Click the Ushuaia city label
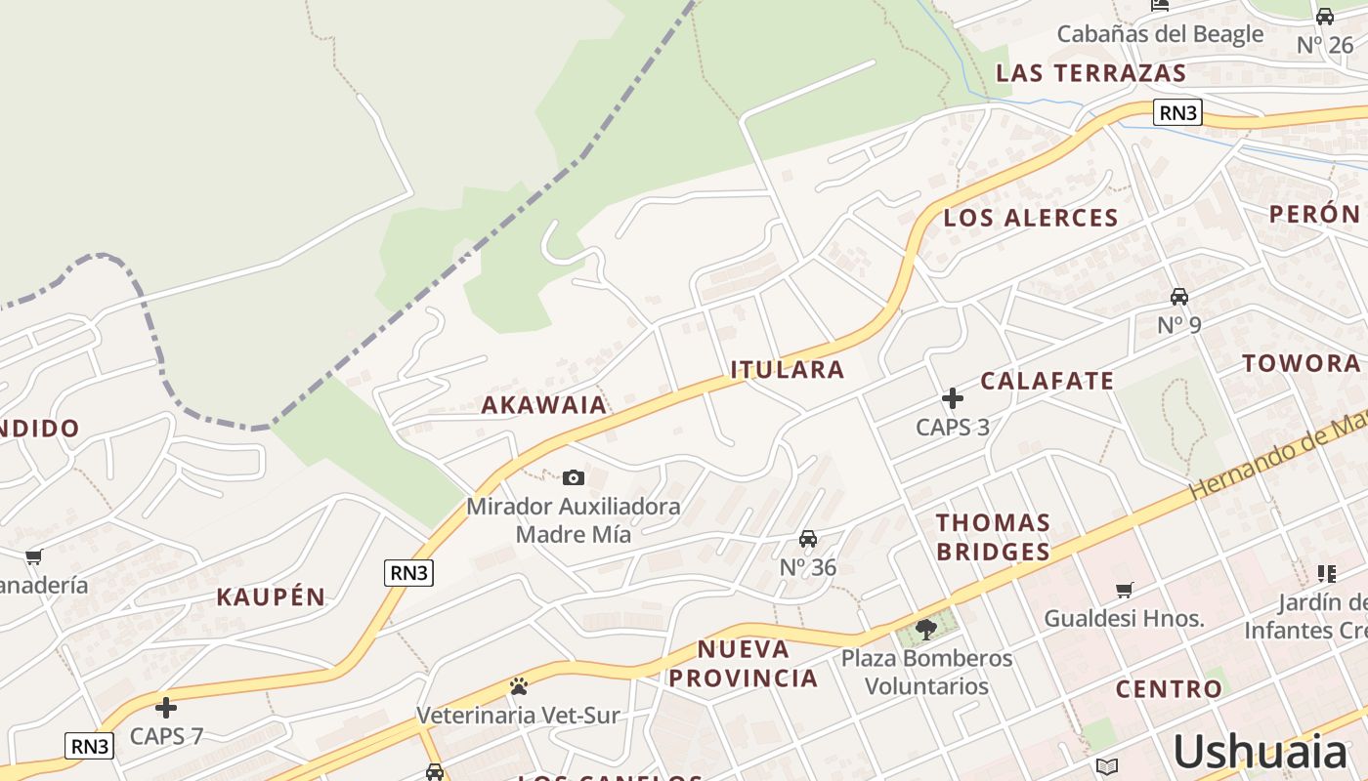pyautogui.click(x=1260, y=752)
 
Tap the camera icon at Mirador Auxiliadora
pyautogui.click(x=574, y=477)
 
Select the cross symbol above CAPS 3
pyautogui.click(x=953, y=398)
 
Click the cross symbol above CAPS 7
pyautogui.click(x=166, y=707)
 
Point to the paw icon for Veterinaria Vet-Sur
pyautogui.click(x=518, y=686)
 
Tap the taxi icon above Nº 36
pyautogui.click(x=808, y=539)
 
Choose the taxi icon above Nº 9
pyautogui.click(x=1179, y=296)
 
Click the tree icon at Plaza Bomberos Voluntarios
pyautogui.click(x=926, y=629)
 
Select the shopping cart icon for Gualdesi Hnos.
pyautogui.click(x=1125, y=590)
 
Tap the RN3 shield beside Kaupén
pyautogui.click(x=408, y=573)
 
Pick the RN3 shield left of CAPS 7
pyautogui.click(x=90, y=746)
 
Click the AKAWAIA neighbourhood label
pyautogui.click(x=543, y=404)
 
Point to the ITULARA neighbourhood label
pyautogui.click(x=788, y=369)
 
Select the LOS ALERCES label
pyautogui.click(x=1031, y=218)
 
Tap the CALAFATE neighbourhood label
pyautogui.click(x=1047, y=381)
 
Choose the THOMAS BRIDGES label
pyautogui.click(x=993, y=537)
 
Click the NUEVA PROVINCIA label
pyautogui.click(x=757, y=664)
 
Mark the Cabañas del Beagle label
pyautogui.click(x=1160, y=34)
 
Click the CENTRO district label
pyautogui.click(x=1169, y=689)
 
